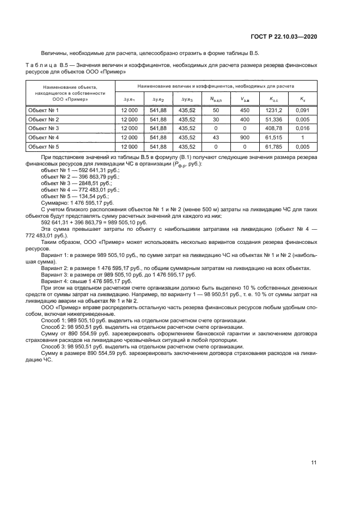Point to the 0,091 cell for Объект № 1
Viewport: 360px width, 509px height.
303,110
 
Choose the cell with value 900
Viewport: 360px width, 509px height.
245,138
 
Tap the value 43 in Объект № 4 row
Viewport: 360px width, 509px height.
215,138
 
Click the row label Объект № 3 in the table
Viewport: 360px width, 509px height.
43,128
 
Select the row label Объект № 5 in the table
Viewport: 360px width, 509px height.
43,147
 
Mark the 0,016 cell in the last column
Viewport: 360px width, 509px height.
303,128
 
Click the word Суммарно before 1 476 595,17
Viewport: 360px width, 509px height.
54,203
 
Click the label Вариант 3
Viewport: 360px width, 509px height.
55,275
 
